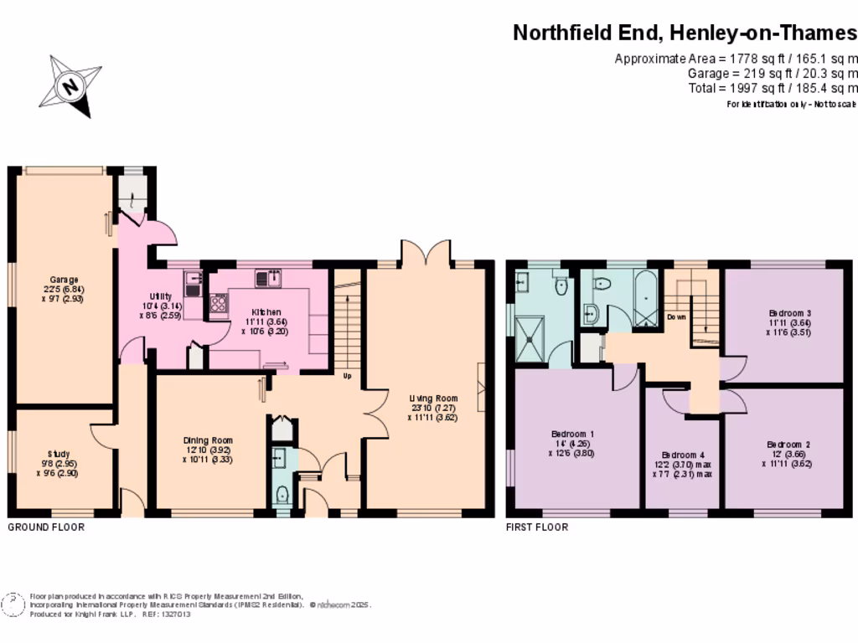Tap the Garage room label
(64, 280)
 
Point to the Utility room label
(161, 297)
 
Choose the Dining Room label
(209, 440)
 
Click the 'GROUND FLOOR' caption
(46, 527)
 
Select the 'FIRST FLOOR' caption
(537, 527)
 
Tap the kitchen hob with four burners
(219, 304)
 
